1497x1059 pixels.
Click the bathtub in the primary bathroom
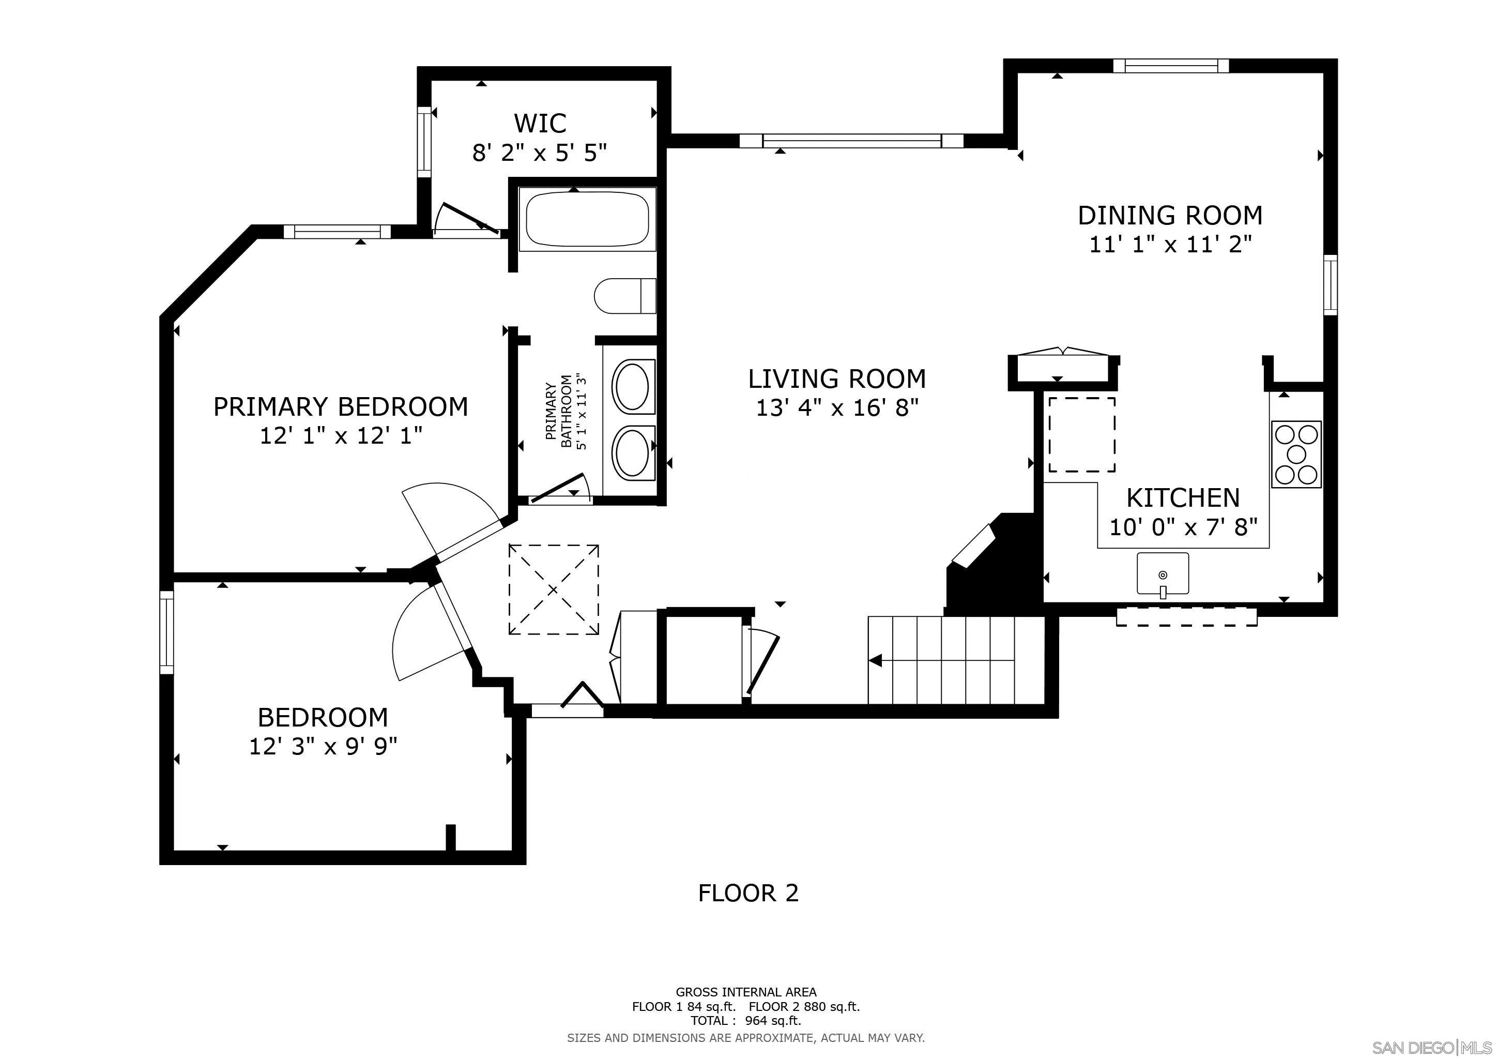[x=587, y=219]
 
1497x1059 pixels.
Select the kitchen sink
[x=1163, y=574]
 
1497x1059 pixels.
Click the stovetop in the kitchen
[x=1296, y=454]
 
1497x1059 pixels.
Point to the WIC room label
[x=540, y=123]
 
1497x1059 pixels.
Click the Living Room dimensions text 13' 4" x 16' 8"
[x=837, y=407]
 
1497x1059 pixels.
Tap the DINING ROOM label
[x=1170, y=215]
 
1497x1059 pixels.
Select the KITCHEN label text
[x=1183, y=498]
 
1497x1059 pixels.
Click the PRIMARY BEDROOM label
[x=341, y=407]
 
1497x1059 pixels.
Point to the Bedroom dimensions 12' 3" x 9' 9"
[x=324, y=746]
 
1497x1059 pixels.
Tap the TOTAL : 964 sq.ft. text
[x=746, y=1021]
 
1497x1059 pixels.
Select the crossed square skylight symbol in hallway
[x=554, y=589]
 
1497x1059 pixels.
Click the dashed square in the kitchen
[x=1082, y=434]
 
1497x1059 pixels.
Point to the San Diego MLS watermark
[x=1432, y=1048]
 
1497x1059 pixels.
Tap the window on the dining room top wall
[x=1171, y=65]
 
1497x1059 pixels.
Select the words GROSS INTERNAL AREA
[x=746, y=992]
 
